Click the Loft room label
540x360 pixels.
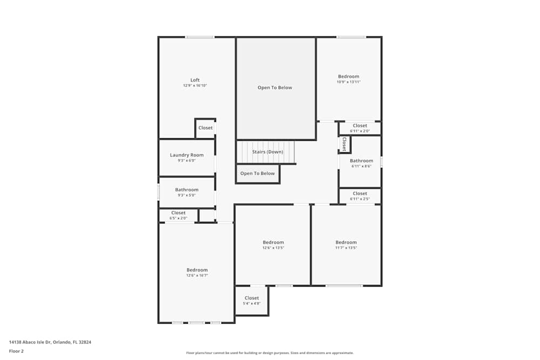click(195, 80)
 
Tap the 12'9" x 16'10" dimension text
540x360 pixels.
click(195, 86)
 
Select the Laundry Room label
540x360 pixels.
click(187, 155)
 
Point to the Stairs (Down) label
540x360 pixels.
click(267, 152)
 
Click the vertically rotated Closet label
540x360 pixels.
click(344, 144)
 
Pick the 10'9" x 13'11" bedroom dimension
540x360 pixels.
click(348, 82)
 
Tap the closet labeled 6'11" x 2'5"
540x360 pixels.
click(360, 196)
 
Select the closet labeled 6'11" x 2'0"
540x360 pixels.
click(360, 128)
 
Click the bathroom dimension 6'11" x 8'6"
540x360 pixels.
click(361, 166)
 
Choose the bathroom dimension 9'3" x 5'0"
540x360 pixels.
click(187, 195)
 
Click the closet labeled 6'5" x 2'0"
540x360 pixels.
click(178, 215)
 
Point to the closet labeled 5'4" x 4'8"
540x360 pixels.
click(252, 301)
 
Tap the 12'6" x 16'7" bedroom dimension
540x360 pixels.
click(197, 275)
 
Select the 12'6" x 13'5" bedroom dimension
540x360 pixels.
click(273, 248)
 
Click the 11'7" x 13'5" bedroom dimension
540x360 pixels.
click(346, 248)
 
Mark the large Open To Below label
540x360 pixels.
click(275, 87)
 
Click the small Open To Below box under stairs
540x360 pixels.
click(258, 174)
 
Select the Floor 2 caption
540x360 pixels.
click(16, 351)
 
